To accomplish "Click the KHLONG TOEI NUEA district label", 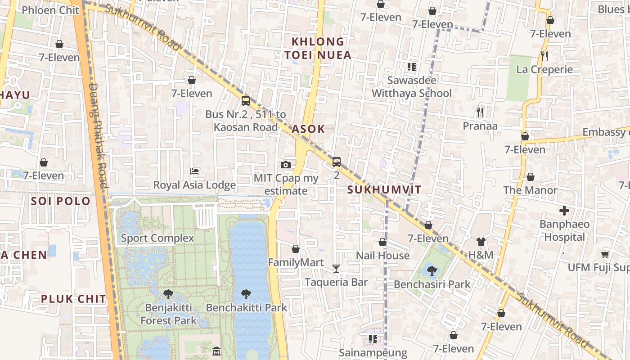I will click(x=317, y=48).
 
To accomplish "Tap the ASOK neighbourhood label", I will click(x=308, y=129).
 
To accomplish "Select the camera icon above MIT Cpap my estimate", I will click(x=285, y=165).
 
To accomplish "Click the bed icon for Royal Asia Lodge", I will click(x=194, y=171).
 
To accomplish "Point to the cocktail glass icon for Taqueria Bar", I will click(x=336, y=269).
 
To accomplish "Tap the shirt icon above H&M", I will click(x=481, y=242).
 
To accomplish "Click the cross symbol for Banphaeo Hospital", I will click(x=564, y=211).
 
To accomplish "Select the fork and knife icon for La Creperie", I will click(x=544, y=56).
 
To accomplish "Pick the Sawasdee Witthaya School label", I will click(x=411, y=87).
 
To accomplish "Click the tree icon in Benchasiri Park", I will click(x=432, y=270).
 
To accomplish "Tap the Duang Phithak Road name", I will click(x=98, y=135).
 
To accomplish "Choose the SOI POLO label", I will click(x=61, y=201).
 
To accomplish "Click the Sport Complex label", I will click(x=157, y=238).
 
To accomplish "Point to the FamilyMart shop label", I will click(x=296, y=262).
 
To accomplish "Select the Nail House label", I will click(x=382, y=256).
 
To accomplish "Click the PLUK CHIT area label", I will click(x=73, y=299).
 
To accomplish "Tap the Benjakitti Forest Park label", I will click(x=168, y=314).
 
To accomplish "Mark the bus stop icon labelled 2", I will click(x=336, y=162).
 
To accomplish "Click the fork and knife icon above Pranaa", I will click(x=480, y=112).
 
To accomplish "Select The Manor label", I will click(x=530, y=190).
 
